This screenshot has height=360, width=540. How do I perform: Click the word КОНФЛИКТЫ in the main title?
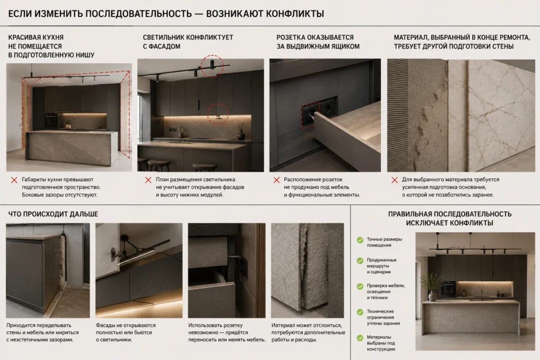(x=295, y=14)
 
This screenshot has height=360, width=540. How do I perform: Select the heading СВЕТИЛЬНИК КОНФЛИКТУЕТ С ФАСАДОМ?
(x=188, y=42)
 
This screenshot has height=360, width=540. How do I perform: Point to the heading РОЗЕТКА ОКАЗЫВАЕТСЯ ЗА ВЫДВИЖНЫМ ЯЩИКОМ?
(x=318, y=42)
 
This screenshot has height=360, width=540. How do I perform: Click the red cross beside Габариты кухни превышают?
(x=14, y=180)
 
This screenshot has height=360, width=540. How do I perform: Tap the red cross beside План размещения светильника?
(x=148, y=180)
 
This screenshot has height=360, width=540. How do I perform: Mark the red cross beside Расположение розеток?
(x=276, y=180)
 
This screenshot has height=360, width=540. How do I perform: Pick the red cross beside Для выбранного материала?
(x=395, y=180)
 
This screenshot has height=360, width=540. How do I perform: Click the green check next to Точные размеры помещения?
(x=360, y=240)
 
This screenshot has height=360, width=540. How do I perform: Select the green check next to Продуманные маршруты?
(x=360, y=261)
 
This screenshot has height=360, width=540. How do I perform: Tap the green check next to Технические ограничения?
(x=360, y=312)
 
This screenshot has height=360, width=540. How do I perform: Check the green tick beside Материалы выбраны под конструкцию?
(x=360, y=338)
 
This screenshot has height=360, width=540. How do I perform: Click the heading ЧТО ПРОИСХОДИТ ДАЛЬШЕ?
(x=53, y=214)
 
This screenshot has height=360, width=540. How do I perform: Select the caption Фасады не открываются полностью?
(x=126, y=329)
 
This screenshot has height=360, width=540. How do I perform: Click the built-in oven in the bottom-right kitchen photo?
(x=448, y=289)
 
